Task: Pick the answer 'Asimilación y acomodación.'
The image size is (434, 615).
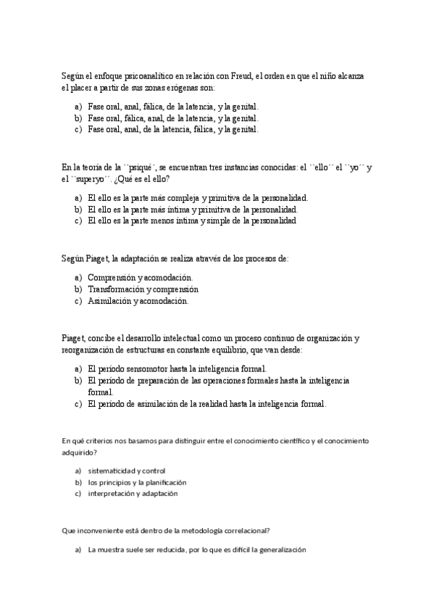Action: pos(138,300)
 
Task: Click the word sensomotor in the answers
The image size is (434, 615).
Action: pos(151,368)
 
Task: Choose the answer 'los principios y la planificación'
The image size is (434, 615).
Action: pos(138,482)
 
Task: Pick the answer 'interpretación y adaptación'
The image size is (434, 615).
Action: pos(133,494)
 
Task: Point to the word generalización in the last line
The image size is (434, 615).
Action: pos(280,550)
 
